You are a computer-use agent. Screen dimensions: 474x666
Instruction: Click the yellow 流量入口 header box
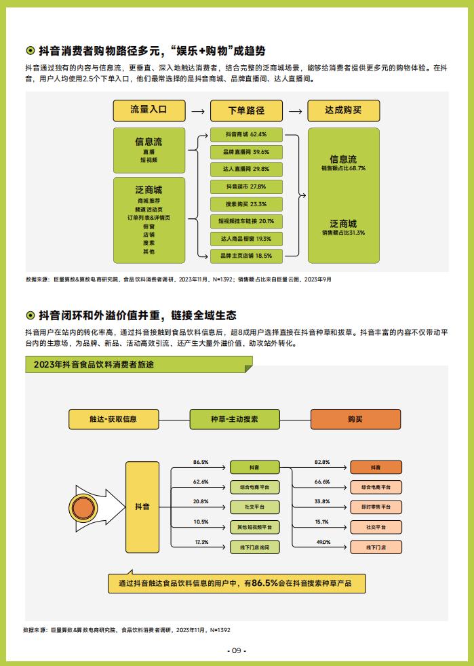(149, 111)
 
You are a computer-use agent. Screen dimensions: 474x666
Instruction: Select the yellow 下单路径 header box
(246, 111)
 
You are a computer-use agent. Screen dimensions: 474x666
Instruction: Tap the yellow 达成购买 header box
(343, 111)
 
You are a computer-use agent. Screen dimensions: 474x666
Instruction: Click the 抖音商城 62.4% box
(246, 134)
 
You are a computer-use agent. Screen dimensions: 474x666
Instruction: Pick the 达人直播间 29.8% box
(246, 169)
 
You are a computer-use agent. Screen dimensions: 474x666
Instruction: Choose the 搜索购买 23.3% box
(246, 204)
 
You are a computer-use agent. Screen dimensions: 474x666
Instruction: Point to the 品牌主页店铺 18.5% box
(246, 256)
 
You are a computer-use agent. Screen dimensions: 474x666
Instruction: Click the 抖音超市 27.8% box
(246, 187)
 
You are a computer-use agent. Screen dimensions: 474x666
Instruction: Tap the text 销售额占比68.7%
(343, 168)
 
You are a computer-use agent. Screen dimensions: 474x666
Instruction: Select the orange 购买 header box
(355, 419)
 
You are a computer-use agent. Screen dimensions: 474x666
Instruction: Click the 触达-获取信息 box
(113, 419)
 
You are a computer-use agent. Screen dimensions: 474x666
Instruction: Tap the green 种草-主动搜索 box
(235, 419)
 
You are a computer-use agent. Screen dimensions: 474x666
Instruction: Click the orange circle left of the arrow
(83, 507)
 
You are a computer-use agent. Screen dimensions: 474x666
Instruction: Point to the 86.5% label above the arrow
(201, 462)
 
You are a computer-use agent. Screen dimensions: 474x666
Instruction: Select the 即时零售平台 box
(376, 507)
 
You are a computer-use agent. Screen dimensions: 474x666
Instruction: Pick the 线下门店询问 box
(255, 547)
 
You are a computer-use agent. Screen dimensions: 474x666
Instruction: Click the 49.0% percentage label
(323, 542)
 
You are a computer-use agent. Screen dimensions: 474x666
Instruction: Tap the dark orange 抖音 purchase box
(376, 467)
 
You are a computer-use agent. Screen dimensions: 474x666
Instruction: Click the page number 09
(237, 650)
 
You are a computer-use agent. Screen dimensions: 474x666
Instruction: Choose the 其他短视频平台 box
(255, 527)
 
